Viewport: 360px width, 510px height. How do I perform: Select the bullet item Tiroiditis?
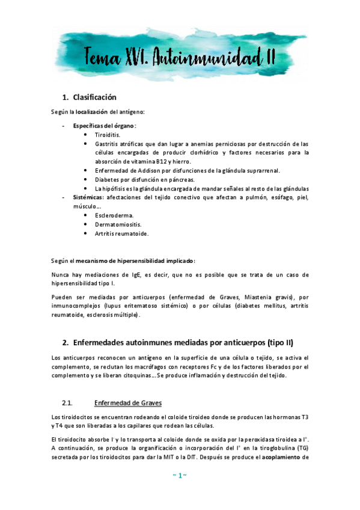[108, 135]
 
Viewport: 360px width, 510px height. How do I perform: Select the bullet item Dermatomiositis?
[118, 224]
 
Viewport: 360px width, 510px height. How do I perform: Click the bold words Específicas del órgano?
[104, 126]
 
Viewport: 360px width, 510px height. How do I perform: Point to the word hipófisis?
[114, 188]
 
